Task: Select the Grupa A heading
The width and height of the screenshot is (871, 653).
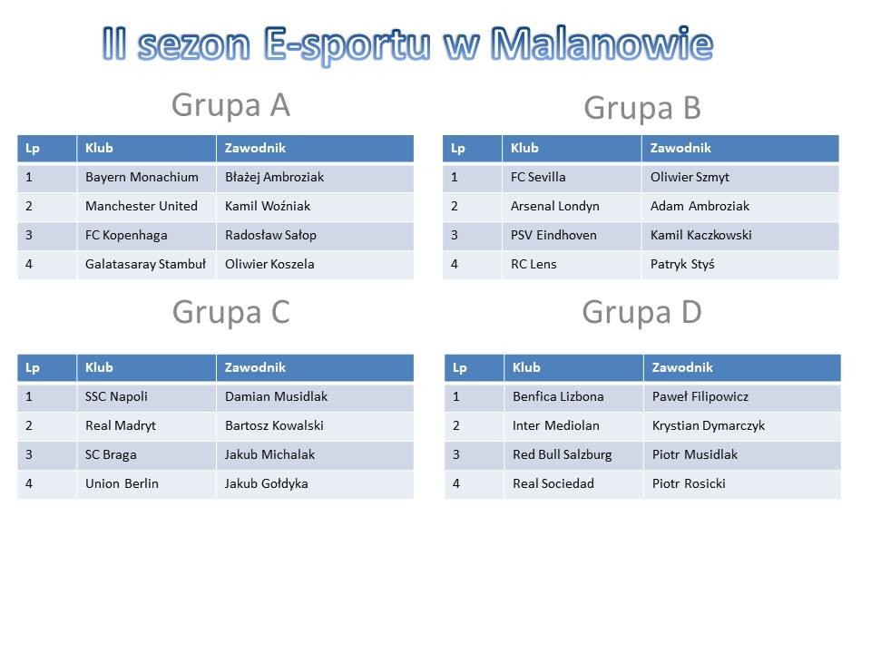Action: [230, 105]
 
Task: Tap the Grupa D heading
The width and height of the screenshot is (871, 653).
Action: [641, 312]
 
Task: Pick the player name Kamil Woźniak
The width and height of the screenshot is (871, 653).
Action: [268, 206]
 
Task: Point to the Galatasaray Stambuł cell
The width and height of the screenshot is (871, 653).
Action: [145, 264]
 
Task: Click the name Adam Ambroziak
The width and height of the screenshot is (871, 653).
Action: [700, 206]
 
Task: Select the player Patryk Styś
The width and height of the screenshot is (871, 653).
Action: [682, 264]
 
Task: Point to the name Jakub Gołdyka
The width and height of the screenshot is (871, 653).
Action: [267, 483]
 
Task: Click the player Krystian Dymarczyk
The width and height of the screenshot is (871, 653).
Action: [709, 426]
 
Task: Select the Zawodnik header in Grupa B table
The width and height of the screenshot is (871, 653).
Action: [681, 148]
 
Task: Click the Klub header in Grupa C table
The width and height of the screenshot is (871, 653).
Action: [100, 367]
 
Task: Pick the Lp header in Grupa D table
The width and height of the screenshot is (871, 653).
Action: [460, 368]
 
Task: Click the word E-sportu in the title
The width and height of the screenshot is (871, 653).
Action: [347, 44]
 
